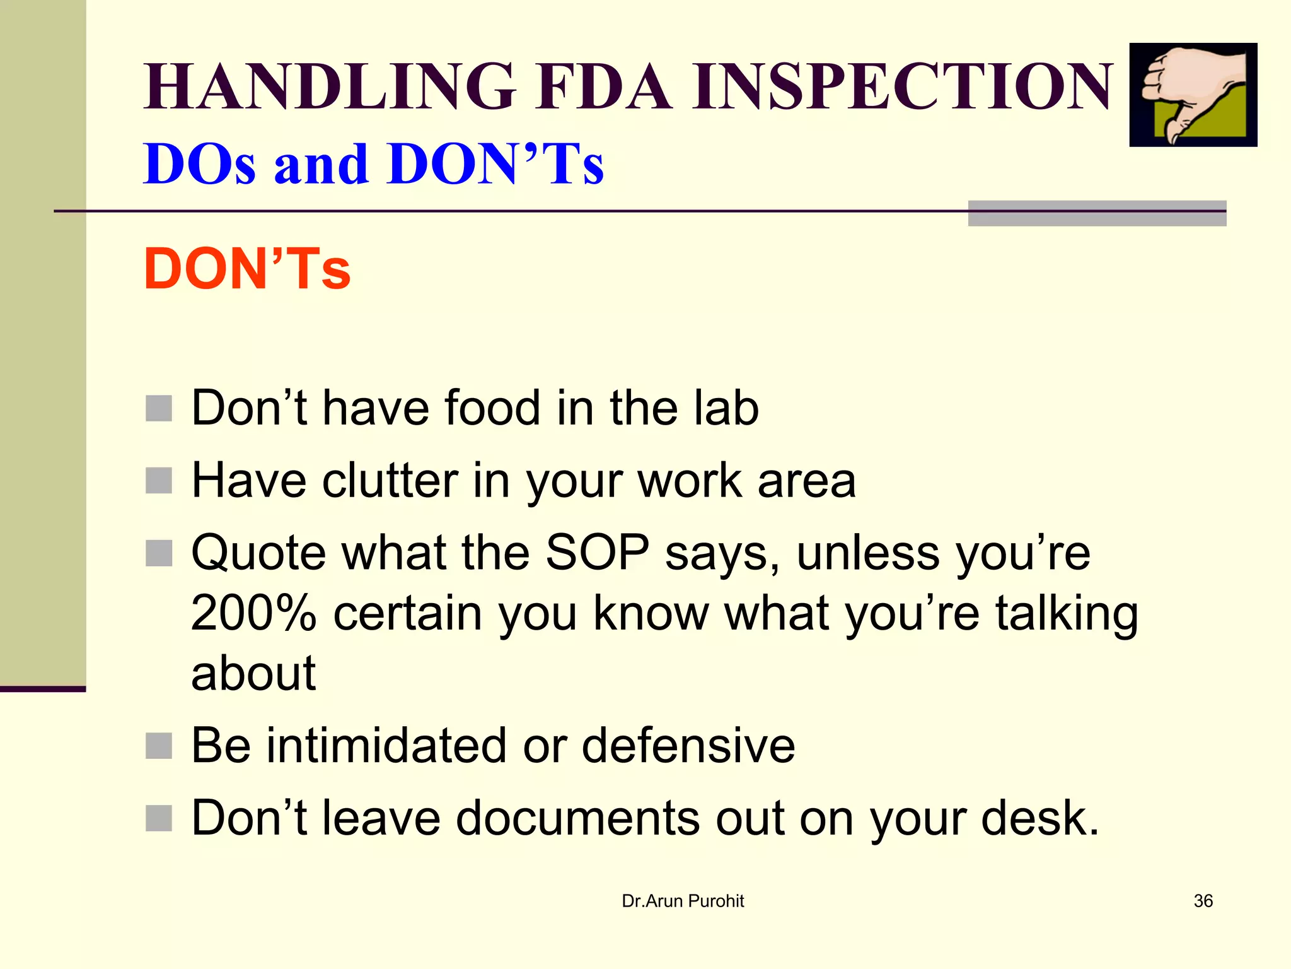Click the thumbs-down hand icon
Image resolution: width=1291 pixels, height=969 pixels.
(1193, 95)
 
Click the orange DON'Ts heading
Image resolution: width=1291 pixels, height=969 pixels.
(247, 269)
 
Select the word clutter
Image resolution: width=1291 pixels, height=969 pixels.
(390, 481)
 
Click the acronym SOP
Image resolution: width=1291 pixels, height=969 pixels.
(597, 553)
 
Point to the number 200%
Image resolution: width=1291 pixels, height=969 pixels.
(253, 613)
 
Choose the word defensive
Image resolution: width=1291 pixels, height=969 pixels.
(688, 746)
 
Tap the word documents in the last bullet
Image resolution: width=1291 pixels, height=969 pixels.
(577, 818)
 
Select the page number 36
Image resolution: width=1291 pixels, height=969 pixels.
(1203, 901)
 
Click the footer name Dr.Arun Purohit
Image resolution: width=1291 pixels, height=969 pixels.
(683, 901)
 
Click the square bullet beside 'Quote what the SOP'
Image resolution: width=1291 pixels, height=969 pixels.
(159, 553)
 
